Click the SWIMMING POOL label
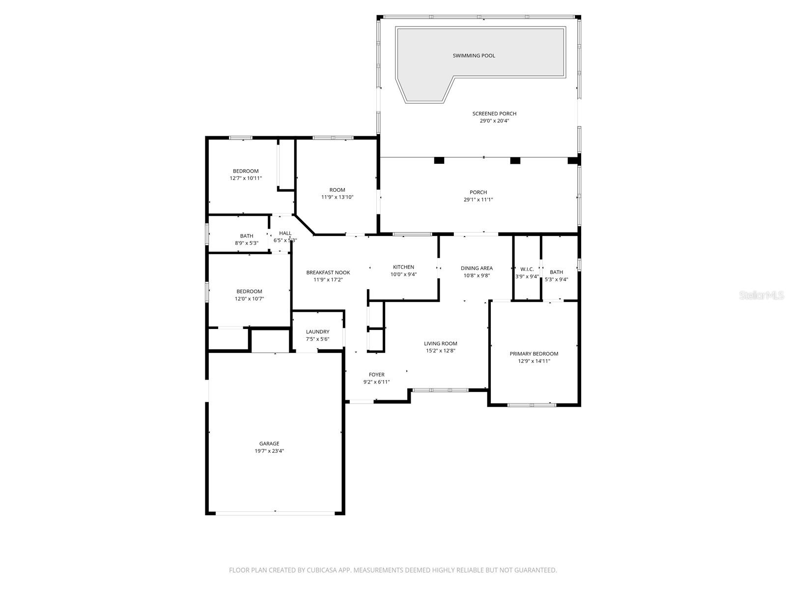tap(474, 56)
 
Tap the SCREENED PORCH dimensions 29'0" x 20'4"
tap(494, 120)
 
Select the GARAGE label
tap(269, 443)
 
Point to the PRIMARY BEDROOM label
tap(533, 354)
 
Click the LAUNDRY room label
tap(317, 332)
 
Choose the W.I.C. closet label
tap(527, 269)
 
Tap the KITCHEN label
tap(403, 267)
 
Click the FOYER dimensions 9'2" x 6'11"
tap(376, 382)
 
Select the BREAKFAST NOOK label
tap(328, 272)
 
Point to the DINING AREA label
tap(477, 268)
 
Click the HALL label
tap(285, 233)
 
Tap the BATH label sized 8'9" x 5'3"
tap(247, 236)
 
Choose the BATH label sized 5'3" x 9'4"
tap(556, 272)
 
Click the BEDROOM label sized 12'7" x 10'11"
tap(246, 171)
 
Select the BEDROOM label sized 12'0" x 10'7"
tap(249, 291)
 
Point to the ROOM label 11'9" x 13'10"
tap(337, 190)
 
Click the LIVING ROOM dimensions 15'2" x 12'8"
tap(440, 351)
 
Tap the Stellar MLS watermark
tap(761, 295)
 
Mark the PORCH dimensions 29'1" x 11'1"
tap(478, 200)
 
